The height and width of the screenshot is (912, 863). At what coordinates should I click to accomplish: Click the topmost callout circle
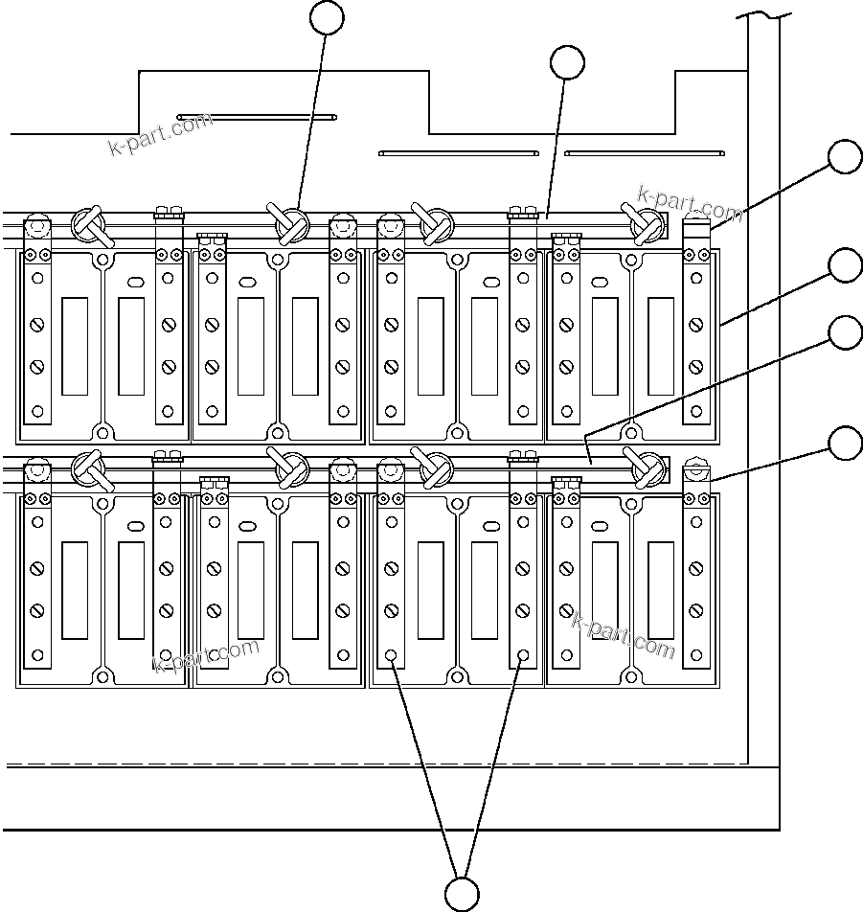pos(329,17)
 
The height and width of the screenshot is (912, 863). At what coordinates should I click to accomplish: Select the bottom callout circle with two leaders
pos(463,893)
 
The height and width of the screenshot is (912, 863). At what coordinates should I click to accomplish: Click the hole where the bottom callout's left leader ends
pos(391,657)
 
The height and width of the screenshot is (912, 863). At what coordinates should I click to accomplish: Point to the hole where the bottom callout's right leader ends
pos(523,657)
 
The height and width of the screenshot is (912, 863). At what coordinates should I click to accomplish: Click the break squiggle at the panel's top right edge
pos(765,16)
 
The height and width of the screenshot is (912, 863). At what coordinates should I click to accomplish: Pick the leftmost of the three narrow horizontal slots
pos(256,117)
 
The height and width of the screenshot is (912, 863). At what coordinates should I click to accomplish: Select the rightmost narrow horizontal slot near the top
pos(644,151)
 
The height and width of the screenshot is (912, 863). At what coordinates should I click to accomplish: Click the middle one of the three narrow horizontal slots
pos(459,151)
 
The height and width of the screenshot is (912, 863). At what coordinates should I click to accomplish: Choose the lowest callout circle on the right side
pos(845,444)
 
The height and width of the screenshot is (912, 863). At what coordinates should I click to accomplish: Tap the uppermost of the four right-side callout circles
pos(845,157)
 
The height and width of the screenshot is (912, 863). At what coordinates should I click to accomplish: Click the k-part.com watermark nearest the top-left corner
pos(160,135)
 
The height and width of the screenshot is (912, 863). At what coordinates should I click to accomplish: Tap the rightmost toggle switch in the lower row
pos(645,467)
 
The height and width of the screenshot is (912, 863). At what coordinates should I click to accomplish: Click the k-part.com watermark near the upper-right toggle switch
pos(690,202)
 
